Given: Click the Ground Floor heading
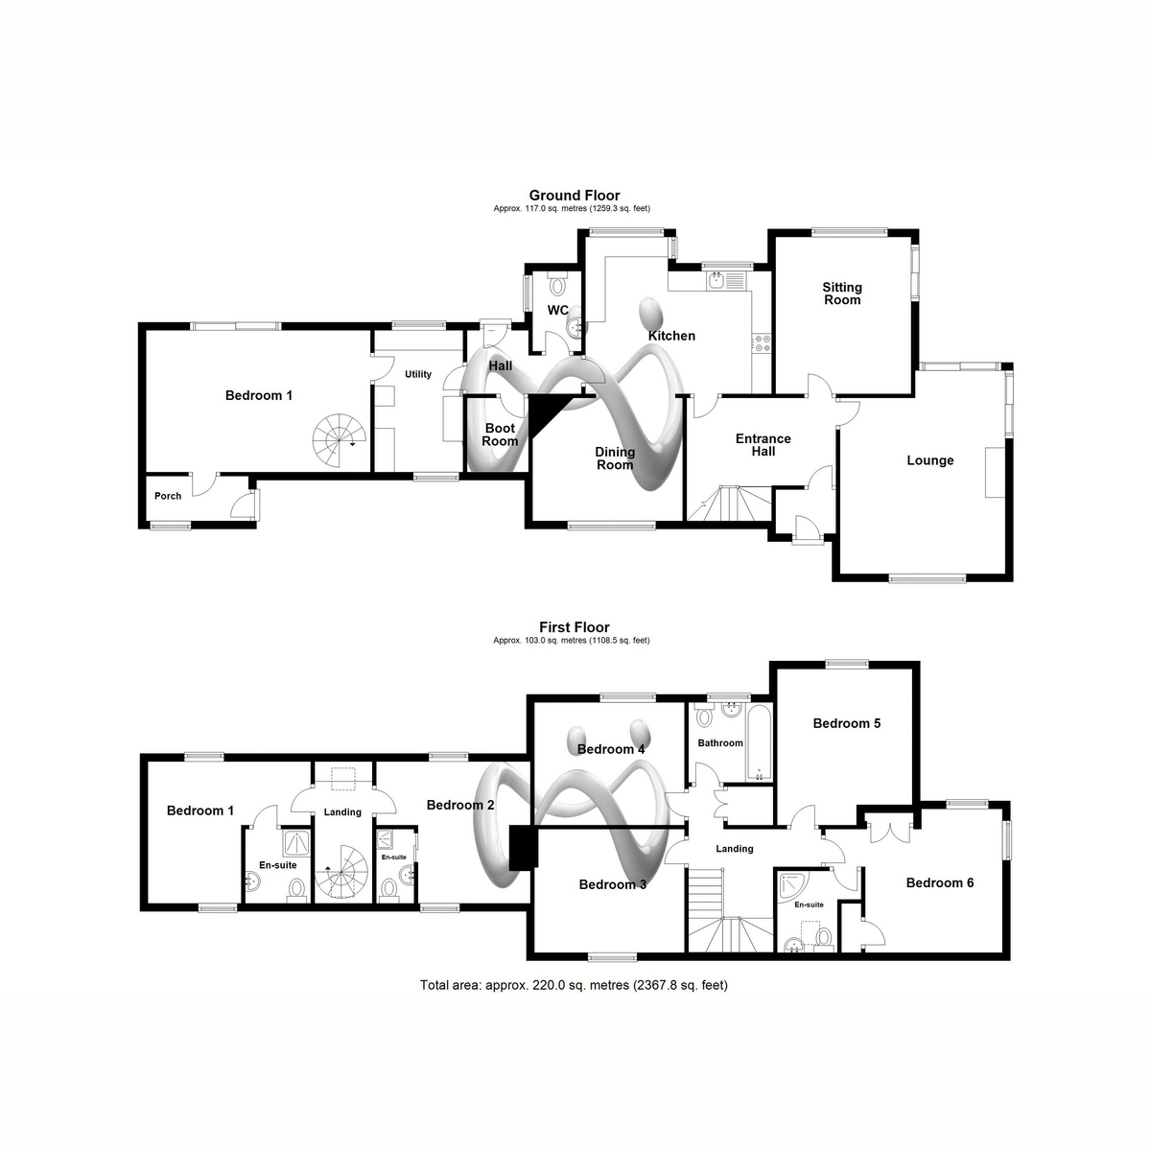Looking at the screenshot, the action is [574, 196].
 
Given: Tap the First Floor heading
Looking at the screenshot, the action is [574, 627].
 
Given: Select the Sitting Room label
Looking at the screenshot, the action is [842, 294].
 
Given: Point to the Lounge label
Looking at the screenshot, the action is [930, 460].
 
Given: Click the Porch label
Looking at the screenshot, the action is [168, 496].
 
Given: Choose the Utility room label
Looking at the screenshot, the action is [418, 374].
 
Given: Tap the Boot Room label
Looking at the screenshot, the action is [500, 435].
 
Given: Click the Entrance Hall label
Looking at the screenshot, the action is [763, 445].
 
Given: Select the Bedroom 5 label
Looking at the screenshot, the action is [846, 723].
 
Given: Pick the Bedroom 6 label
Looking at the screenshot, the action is [940, 882].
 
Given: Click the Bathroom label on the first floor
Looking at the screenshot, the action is [720, 743].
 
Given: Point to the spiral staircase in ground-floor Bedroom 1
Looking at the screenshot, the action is [340, 441].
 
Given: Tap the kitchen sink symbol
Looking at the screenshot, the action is [725, 281].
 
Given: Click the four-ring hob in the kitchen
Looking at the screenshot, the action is [763, 342].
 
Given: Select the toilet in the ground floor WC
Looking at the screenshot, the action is [557, 284].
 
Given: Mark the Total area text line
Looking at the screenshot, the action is [574, 985].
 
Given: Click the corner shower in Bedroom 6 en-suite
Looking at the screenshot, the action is [793, 886].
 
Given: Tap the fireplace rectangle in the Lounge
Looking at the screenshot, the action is [994, 472].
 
